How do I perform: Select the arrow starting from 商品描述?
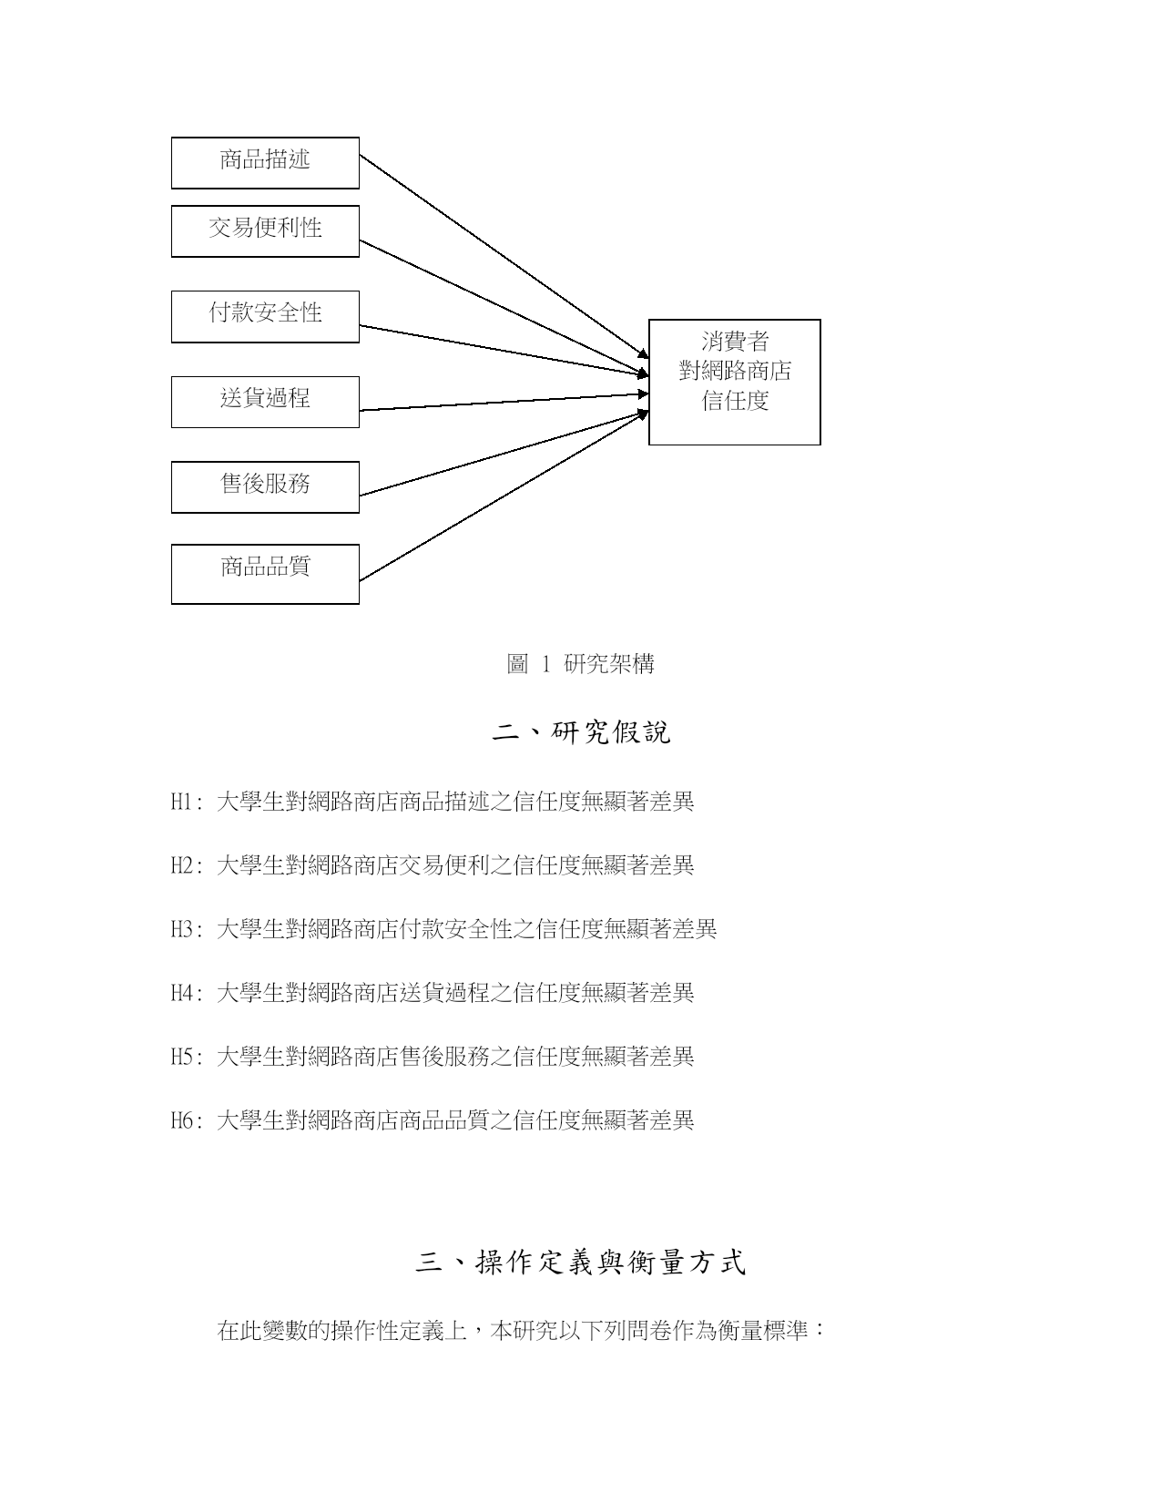coord(504,257)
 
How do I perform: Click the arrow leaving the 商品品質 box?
coord(504,496)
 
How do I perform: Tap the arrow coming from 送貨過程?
coord(504,402)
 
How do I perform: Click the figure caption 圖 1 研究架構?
coord(580,664)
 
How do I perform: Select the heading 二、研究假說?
coord(581,732)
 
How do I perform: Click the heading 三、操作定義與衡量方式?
coord(581,1263)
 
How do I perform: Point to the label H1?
coord(187,802)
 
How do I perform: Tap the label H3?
coord(187,929)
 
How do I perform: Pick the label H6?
coord(187,1120)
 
